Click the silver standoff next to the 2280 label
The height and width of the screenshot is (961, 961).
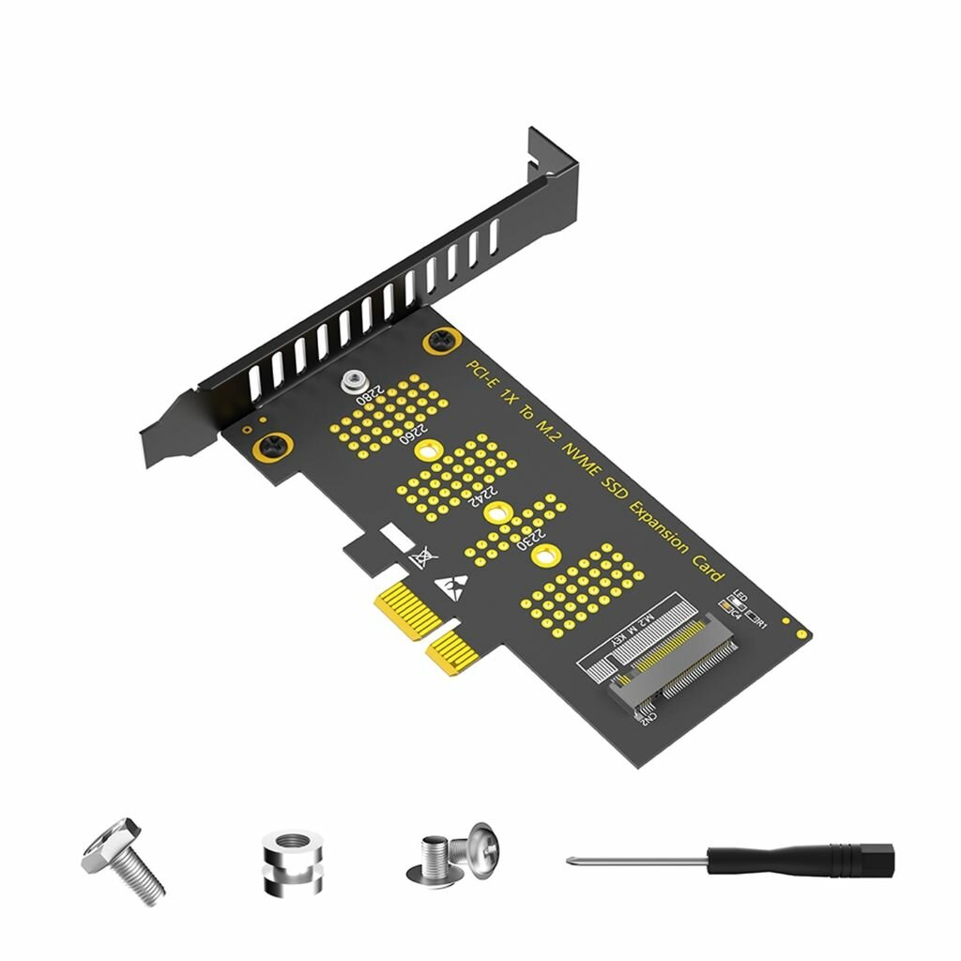click(353, 381)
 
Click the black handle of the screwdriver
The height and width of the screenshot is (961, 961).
click(799, 858)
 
